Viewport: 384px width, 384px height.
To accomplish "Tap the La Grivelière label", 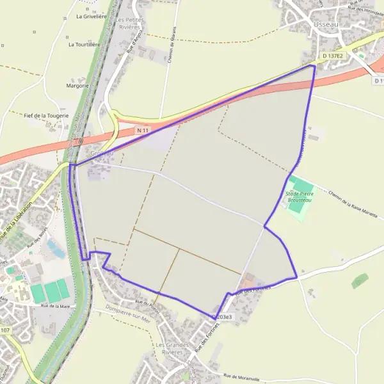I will tap(91, 17).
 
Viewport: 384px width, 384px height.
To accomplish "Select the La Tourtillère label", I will tap(84, 45).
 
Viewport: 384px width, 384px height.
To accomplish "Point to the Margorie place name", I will tap(77, 84).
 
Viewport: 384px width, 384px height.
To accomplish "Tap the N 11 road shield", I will tap(143, 131).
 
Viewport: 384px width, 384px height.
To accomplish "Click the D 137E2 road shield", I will tap(333, 56).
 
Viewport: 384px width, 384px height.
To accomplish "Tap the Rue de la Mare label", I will tap(55, 307).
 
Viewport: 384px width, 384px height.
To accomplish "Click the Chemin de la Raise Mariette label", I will tap(353, 202).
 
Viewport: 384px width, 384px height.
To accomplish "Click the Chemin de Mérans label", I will tap(172, 45).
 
